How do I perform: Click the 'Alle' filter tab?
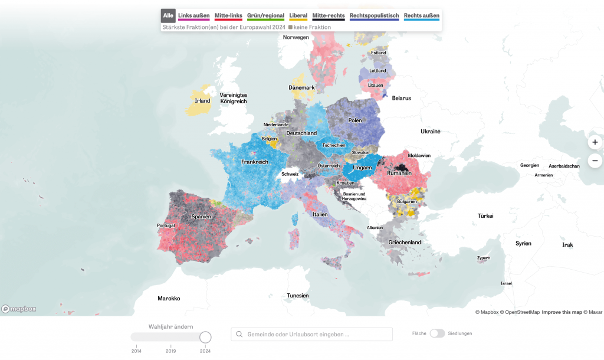coord(168,15)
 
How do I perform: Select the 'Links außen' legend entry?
coord(193,15)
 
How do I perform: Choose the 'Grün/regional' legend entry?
coord(265,15)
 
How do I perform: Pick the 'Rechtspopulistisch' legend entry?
coord(374,15)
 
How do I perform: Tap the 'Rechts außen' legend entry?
coord(421,15)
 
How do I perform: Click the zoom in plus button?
coord(595,142)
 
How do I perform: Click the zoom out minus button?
coord(595,161)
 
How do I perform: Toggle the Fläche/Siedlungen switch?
coord(437,333)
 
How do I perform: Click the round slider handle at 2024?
coord(205,337)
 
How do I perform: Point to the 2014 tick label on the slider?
coord(136,351)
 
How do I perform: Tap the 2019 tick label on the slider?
coord(170,351)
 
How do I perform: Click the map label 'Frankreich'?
coord(254,162)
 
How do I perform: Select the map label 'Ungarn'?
coord(362,168)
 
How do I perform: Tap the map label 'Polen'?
coord(354,120)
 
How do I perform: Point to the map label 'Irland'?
coord(202,101)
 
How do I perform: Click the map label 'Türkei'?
coord(485,216)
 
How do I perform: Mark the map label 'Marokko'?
coord(169,299)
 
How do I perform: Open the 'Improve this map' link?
coord(562,312)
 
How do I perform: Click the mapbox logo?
coord(19,309)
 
